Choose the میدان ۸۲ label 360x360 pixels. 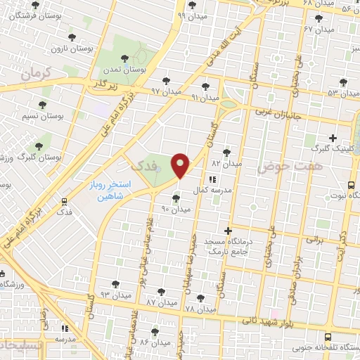tap(226, 163)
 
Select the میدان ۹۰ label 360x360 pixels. tap(176, 210)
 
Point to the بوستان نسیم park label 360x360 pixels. tap(41, 117)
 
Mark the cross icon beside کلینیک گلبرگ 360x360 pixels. tap(333, 138)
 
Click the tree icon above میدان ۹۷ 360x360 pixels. tap(167, 80)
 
